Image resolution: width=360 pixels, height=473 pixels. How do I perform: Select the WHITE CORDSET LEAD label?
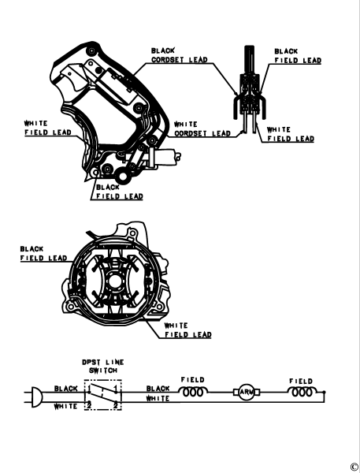coord(202,128)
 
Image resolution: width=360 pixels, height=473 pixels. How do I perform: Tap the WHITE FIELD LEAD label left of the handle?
coord(43,128)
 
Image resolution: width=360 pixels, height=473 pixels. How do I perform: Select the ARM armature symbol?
coord(244,392)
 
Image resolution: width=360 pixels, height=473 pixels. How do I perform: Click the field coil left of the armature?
coord(193,392)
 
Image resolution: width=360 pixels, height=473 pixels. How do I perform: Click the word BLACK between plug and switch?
coord(66,389)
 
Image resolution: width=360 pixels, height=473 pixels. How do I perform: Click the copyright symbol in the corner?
coord(354,466)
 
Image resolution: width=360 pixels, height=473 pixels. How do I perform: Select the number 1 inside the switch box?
coord(116,389)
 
